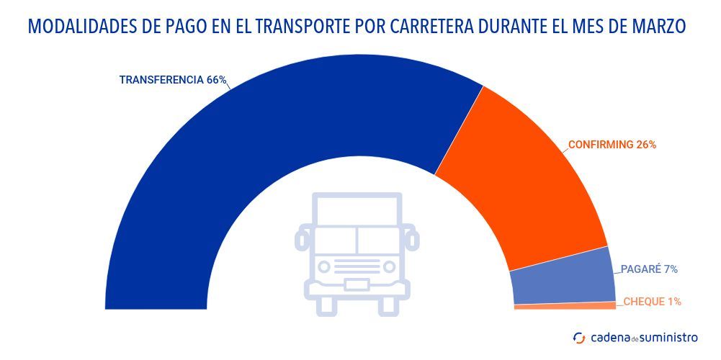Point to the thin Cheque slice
pos(565,306)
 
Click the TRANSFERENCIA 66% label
pos(172,80)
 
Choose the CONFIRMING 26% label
pos(612,144)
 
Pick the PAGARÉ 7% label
pos(649,269)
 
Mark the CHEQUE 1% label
pos(652,302)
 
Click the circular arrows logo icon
pos(579,337)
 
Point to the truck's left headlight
pos(325,266)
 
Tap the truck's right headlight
pos(389,266)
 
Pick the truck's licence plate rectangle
pos(357,284)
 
